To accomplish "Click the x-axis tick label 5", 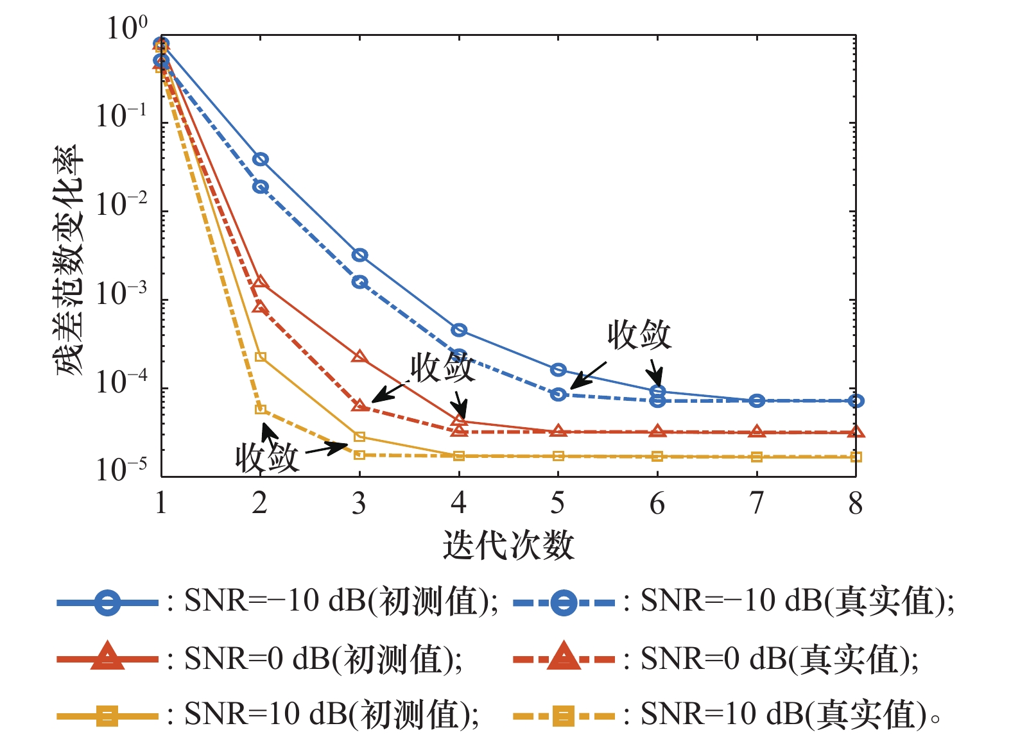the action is click(x=558, y=503).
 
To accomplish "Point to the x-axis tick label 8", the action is click(x=856, y=503).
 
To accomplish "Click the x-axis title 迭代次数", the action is click(x=508, y=545).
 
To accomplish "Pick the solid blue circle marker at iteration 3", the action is click(x=359, y=255).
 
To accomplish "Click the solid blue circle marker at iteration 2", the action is click(x=261, y=159).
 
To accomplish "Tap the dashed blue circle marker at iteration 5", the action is click(x=558, y=394).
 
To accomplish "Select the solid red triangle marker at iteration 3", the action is click(x=359, y=357).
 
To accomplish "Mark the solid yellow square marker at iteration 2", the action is click(x=261, y=357).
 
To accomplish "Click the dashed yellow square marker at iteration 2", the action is click(x=261, y=409).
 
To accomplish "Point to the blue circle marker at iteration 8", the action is click(x=856, y=400).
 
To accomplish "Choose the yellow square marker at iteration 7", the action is click(x=757, y=457).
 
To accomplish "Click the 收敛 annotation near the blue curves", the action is click(x=639, y=335).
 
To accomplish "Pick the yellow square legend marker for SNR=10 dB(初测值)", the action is click(x=107, y=716).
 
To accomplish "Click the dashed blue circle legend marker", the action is click(x=564, y=602).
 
